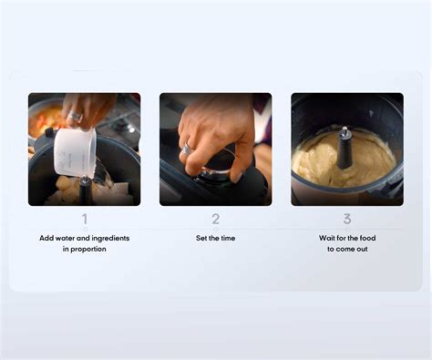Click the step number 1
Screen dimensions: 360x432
pos(85,219)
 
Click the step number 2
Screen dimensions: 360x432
pos(216,219)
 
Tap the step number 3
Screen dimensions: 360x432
pos(347,219)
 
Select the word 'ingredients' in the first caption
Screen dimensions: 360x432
pos(108,238)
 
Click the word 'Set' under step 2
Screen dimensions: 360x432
pos(202,238)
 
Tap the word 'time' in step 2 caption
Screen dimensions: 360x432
pos(228,238)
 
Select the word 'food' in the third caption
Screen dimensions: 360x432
pos(369,238)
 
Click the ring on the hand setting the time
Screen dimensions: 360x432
pos(186,149)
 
